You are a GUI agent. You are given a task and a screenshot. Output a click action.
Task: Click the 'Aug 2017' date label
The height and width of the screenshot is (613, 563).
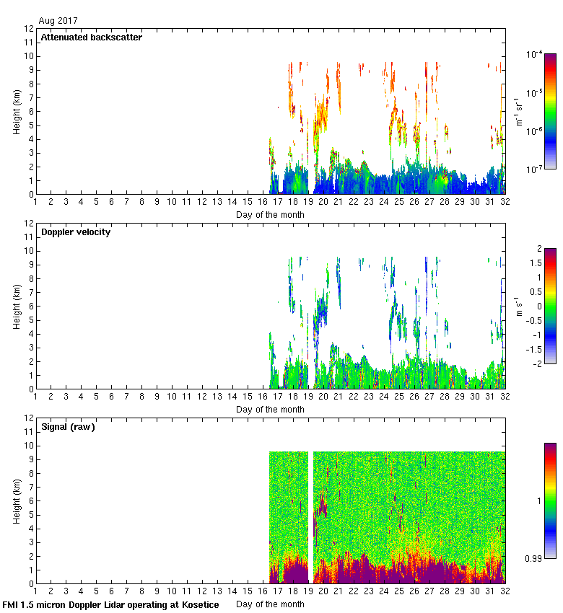(x=58, y=21)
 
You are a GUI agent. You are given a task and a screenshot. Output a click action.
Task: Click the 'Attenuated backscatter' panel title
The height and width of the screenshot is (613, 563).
(x=91, y=38)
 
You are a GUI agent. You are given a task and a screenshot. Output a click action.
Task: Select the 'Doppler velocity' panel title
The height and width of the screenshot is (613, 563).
(x=75, y=232)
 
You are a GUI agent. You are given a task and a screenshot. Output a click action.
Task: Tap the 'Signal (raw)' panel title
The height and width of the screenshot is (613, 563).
(x=68, y=427)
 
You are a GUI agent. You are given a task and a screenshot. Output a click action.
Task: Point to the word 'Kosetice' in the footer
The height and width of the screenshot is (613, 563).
(x=201, y=604)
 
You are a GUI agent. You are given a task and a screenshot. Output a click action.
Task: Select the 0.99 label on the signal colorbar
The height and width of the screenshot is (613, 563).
(x=534, y=559)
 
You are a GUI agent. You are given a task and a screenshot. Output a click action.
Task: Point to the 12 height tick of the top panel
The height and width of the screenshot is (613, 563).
(x=29, y=29)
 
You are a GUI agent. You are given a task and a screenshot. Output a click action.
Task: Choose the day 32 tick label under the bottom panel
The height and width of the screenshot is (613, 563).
(x=505, y=592)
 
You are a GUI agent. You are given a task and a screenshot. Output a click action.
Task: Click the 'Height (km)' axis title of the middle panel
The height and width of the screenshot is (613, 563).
(x=16, y=306)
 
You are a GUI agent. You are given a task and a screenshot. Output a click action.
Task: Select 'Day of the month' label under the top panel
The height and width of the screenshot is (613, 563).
(x=270, y=214)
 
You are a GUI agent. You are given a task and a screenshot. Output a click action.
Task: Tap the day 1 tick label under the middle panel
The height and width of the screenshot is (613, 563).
(x=35, y=397)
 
